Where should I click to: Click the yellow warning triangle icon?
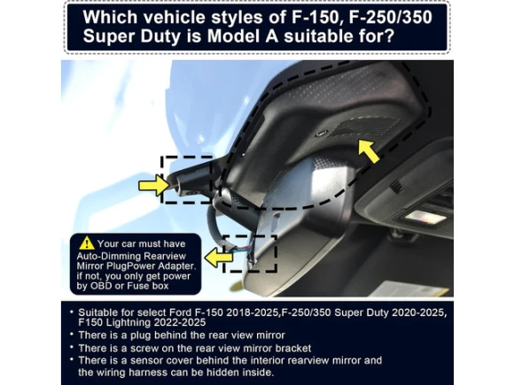tap(87, 243)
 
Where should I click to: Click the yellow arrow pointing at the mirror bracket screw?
tap(153, 186)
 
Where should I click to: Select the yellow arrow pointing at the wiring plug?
tap(218, 257)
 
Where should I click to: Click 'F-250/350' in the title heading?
tap(391, 17)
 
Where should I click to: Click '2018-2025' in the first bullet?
tap(253, 312)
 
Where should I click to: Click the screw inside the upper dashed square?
tap(189, 193)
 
